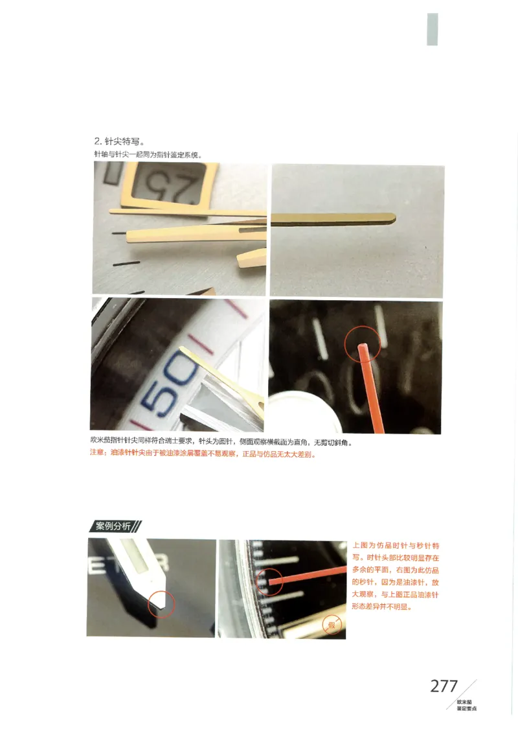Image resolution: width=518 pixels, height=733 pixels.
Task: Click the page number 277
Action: [x=444, y=686]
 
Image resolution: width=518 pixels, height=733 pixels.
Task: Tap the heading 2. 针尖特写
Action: [x=119, y=141]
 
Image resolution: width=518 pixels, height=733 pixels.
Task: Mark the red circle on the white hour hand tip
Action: [x=161, y=603]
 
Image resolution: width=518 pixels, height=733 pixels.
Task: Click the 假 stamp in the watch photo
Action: [x=332, y=625]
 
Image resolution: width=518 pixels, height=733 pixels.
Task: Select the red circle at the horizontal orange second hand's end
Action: [x=270, y=581]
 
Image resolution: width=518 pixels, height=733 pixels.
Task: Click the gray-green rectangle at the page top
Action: [x=432, y=29]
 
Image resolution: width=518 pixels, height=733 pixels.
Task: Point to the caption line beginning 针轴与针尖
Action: [x=148, y=155]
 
